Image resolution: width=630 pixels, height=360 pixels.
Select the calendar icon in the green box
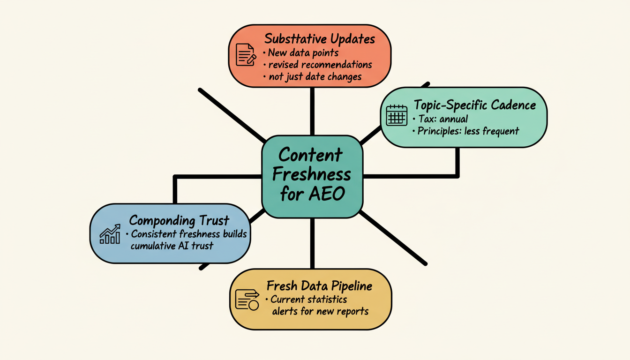tap(396, 115)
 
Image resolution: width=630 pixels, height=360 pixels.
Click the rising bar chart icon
tap(110, 234)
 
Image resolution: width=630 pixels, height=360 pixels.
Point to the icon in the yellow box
tap(247, 300)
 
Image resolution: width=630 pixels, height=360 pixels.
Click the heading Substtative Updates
tap(320, 39)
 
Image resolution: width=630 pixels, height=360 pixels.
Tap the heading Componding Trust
tap(179, 220)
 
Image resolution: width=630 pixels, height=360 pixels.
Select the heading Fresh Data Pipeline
tap(320, 285)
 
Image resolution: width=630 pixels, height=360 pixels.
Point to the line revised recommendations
tap(320, 64)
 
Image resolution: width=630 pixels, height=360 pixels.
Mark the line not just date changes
tap(315, 76)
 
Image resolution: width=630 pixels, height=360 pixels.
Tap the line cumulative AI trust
tap(172, 245)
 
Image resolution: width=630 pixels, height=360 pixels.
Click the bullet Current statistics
tap(308, 299)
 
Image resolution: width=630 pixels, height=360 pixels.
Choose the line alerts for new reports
tap(320, 311)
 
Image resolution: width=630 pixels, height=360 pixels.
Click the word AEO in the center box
tap(326, 193)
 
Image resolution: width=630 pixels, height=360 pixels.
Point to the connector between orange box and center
tap(312, 111)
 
